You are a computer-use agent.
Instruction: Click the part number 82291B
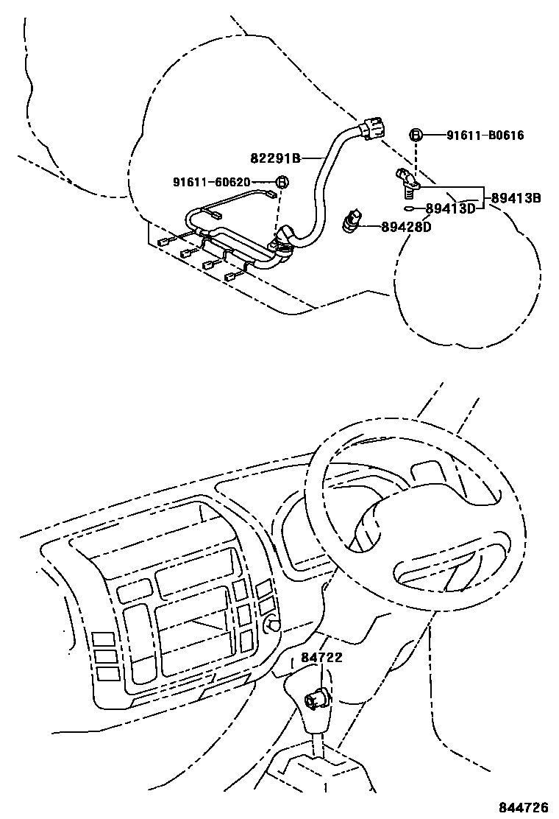point(275,158)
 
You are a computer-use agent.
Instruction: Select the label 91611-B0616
point(485,136)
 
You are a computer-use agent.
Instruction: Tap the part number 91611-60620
point(212,182)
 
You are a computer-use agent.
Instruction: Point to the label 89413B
point(516,197)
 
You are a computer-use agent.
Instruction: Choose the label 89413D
point(451,208)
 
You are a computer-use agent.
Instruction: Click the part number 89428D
point(406,228)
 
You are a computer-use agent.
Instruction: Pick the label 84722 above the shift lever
point(321,658)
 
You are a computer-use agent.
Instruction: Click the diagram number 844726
point(523,805)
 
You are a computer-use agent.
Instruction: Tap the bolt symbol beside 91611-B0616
point(416,135)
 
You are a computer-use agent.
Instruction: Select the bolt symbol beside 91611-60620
point(282,182)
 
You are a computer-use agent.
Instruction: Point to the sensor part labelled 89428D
point(352,221)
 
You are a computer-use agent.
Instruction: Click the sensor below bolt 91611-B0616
point(405,180)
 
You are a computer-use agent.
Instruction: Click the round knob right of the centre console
point(274,625)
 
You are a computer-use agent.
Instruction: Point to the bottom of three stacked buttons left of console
point(107,672)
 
